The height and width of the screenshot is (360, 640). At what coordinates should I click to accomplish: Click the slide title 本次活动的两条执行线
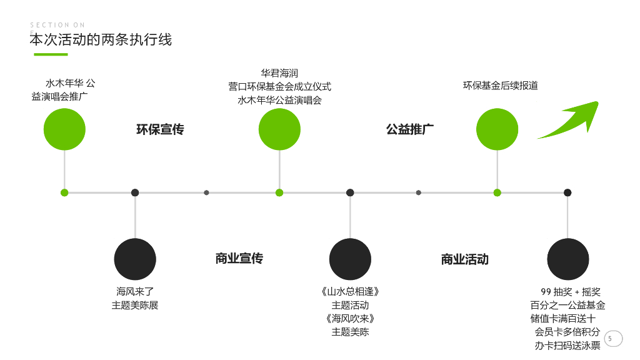[x=101, y=40]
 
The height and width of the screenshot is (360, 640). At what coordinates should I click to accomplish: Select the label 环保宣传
[x=160, y=129]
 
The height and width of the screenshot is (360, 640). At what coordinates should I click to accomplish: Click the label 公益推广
[x=410, y=129]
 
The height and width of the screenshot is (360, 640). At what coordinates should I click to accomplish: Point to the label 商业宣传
[x=239, y=258]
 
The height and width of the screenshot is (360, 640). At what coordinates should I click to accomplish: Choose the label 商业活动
[x=465, y=259]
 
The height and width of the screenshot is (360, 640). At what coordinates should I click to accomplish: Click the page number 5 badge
[x=610, y=339]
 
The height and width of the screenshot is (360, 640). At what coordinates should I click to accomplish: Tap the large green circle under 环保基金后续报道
[x=497, y=129]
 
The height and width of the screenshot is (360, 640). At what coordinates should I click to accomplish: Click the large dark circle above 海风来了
[x=135, y=259]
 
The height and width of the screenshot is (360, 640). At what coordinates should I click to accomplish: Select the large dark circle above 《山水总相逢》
[x=350, y=259]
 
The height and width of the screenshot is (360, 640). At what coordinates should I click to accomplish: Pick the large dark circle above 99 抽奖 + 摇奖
[x=567, y=259]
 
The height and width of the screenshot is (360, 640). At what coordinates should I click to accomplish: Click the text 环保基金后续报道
[x=500, y=86]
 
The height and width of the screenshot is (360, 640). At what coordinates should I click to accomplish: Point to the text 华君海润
[x=279, y=73]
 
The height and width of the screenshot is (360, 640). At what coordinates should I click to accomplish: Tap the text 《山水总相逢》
[x=350, y=292]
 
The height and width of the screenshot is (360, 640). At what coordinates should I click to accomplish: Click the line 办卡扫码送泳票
[x=567, y=346]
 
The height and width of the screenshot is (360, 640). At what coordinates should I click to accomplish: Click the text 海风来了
[x=135, y=292]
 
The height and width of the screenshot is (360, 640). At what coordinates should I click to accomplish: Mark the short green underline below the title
[x=51, y=54]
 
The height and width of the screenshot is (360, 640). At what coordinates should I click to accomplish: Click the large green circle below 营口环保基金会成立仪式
[x=279, y=129]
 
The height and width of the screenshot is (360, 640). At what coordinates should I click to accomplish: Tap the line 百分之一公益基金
[x=567, y=306]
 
